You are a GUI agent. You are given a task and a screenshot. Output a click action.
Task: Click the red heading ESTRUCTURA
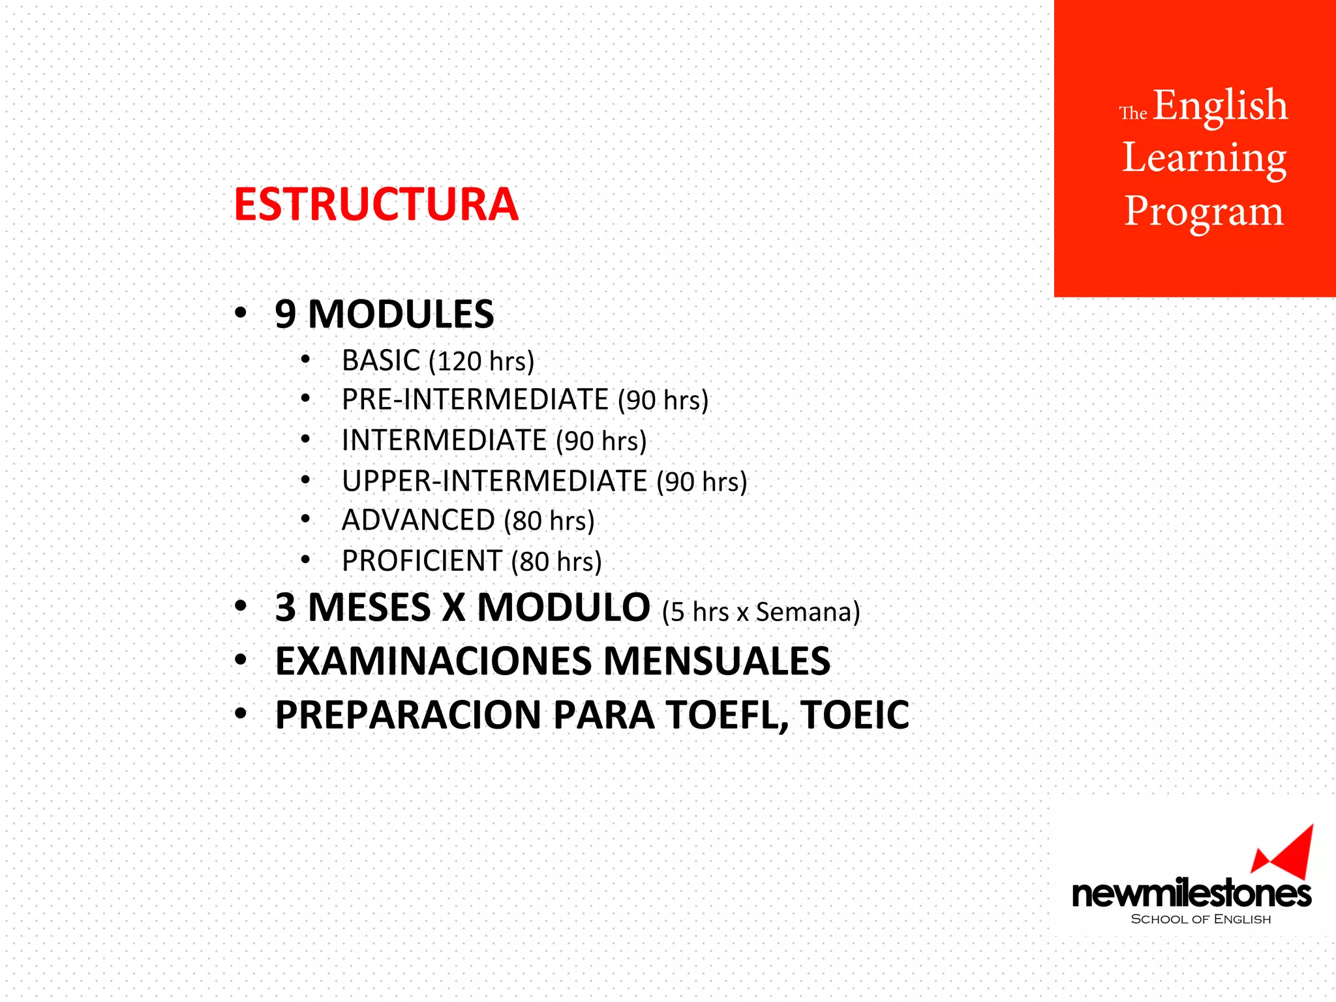pyautogui.click(x=376, y=205)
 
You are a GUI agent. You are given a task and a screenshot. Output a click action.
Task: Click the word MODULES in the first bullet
pyautogui.click(x=401, y=314)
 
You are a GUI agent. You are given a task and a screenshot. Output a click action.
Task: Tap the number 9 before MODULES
pyautogui.click(x=285, y=314)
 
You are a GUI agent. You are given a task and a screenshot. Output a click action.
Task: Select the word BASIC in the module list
pyautogui.click(x=381, y=361)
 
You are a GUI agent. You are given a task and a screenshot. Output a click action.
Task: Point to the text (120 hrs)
pyautogui.click(x=481, y=361)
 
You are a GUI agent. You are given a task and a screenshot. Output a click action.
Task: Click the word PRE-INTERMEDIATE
pyautogui.click(x=475, y=400)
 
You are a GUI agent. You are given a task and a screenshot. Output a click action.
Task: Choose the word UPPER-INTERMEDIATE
pyautogui.click(x=494, y=481)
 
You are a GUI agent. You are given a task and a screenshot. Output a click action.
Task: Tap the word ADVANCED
pyautogui.click(x=418, y=521)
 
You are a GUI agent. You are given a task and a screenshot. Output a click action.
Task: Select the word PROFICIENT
pyautogui.click(x=421, y=561)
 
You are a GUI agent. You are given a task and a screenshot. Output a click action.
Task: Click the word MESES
pyautogui.click(x=369, y=608)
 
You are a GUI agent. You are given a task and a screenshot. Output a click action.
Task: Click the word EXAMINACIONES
pyautogui.click(x=433, y=661)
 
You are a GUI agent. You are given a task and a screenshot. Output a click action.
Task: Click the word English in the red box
pyautogui.click(x=1220, y=106)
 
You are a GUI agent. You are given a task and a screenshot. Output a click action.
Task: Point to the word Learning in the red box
pyautogui.click(x=1204, y=159)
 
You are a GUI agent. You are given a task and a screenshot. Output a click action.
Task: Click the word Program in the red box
pyautogui.click(x=1204, y=212)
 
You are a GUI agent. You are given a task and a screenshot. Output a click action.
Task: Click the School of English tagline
pyautogui.click(x=1200, y=919)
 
